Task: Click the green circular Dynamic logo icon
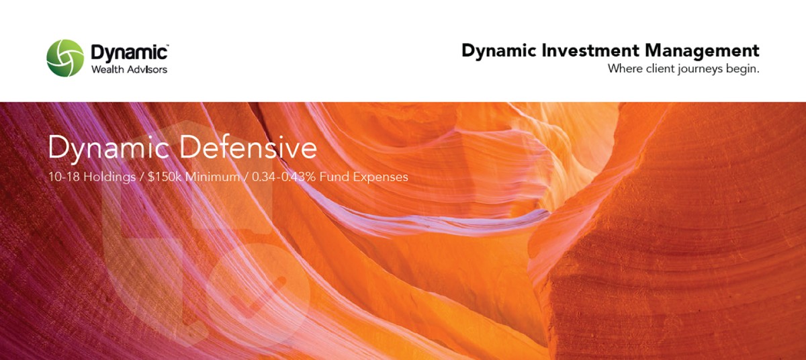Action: click(65, 58)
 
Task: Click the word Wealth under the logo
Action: click(107, 69)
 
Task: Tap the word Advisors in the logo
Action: click(146, 69)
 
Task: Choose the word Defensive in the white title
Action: click(249, 148)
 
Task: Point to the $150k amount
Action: click(165, 177)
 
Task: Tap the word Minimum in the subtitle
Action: click(213, 177)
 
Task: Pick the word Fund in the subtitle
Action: click(334, 177)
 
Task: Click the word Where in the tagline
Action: click(625, 69)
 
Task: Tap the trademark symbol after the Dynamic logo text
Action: click(167, 46)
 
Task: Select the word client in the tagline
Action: click(660, 69)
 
